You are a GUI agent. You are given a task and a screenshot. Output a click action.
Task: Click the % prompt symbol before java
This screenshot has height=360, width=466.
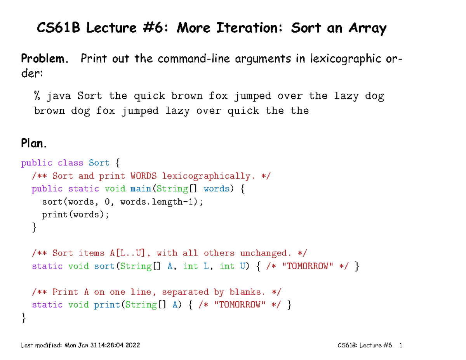(x=37, y=96)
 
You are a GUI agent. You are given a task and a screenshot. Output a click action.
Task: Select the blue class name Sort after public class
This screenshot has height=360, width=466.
(x=99, y=163)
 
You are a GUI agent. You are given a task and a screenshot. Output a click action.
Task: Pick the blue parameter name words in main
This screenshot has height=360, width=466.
(x=216, y=189)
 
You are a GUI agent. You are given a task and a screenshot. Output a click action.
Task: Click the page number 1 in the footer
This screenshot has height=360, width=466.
(x=401, y=345)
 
